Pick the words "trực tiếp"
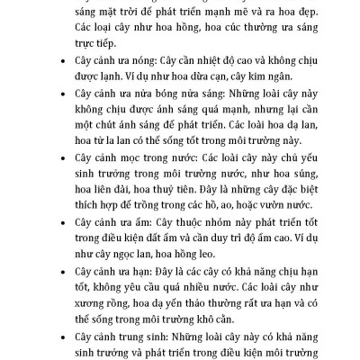click(x=92, y=42)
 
